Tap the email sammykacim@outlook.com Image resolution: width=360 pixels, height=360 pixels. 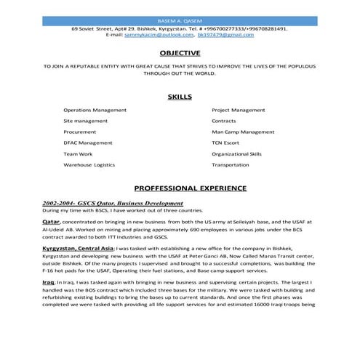click(160, 34)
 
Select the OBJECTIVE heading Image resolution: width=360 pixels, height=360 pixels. click(180, 53)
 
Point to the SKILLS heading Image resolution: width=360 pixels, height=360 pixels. click(180, 96)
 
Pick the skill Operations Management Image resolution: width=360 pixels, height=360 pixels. click(95, 110)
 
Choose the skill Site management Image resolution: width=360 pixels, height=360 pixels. click(85, 121)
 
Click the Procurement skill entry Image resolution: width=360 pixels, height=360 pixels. click(80, 132)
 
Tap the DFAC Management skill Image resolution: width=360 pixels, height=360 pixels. click(88, 143)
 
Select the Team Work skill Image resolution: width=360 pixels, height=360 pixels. click(78, 154)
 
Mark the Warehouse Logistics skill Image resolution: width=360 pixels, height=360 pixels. click(89, 165)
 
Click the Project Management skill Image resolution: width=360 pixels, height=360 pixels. click(238, 110)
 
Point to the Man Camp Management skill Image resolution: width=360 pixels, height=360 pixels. click(243, 132)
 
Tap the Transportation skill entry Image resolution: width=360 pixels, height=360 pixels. click(231, 165)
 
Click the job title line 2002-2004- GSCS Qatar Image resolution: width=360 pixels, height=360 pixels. click(112, 203)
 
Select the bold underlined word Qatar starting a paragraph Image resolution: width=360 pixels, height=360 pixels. click(50, 220)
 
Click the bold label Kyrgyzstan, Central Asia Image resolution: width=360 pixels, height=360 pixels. click(77, 248)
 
